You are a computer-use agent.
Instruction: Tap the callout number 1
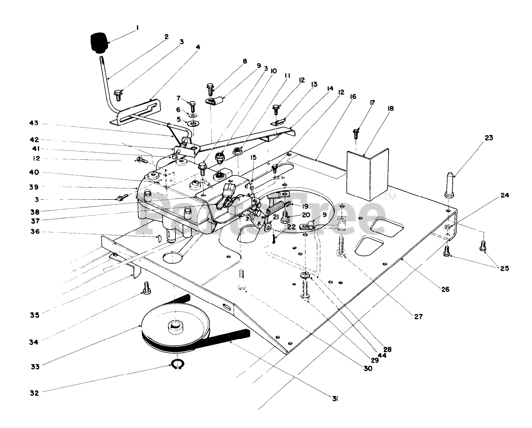pos(137,28)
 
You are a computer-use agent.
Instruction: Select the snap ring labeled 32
pos(177,364)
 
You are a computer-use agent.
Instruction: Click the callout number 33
pos(35,366)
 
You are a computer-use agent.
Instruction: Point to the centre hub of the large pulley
pos(175,328)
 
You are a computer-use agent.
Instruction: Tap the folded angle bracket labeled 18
pos(367,175)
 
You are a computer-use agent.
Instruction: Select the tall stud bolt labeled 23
pos(449,185)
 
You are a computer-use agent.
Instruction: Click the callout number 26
pos(445,289)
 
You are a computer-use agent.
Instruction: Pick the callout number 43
pos(34,123)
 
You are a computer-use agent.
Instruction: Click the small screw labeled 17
pos(356,134)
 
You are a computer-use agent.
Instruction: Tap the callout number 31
pos(335,399)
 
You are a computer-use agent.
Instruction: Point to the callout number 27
pos(418,317)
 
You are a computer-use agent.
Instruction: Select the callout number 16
pos(353,97)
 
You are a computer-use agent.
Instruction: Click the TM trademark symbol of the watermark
pos(391,197)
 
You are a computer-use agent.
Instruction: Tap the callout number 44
pos(382,356)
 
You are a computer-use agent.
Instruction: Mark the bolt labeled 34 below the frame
pos(146,288)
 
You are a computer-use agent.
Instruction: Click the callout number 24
pos(505,195)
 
